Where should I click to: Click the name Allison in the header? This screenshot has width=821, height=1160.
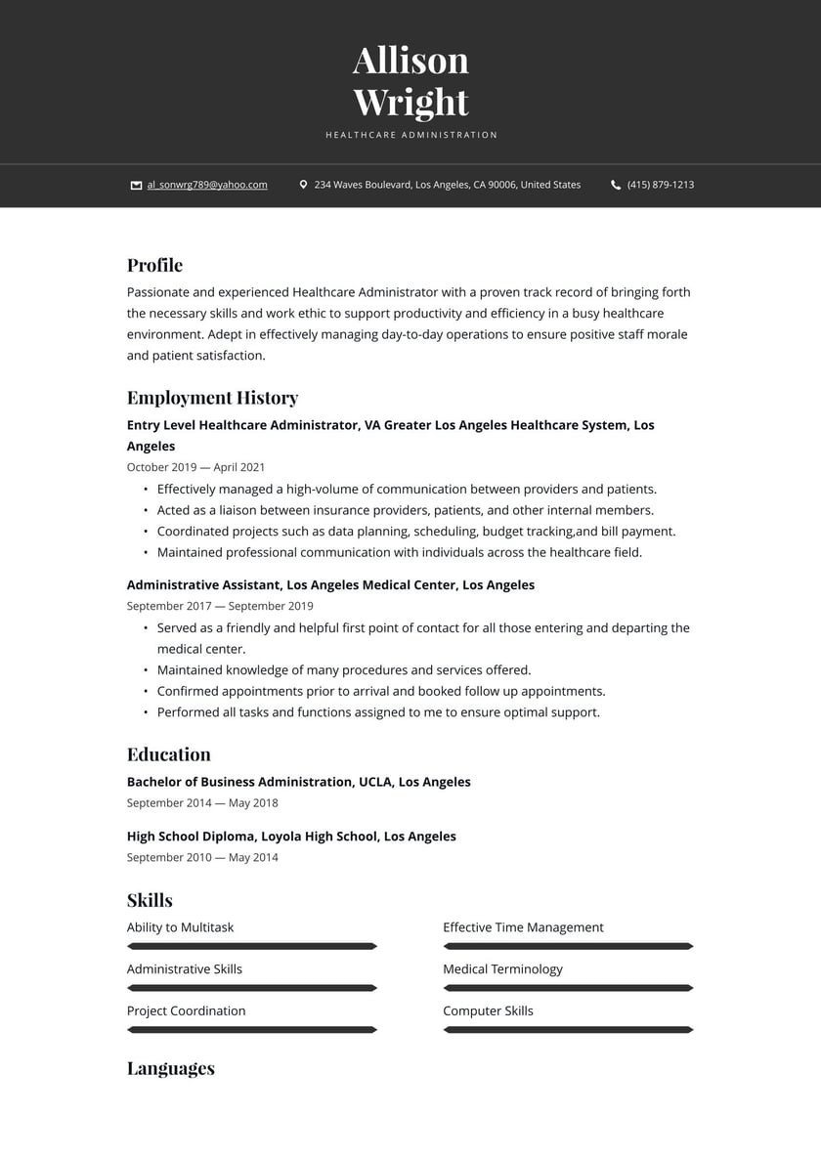tap(410, 61)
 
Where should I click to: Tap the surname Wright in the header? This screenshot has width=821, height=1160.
tap(410, 103)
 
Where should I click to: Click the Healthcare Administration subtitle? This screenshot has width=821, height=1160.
tap(411, 135)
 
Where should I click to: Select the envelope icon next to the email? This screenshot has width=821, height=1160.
tap(136, 185)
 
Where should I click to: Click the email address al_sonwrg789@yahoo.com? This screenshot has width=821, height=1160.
tap(207, 185)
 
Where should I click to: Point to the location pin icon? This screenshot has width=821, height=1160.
tap(303, 185)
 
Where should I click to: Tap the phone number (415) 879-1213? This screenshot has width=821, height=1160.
tap(661, 185)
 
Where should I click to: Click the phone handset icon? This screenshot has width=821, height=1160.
tap(616, 185)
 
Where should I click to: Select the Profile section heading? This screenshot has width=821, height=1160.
tap(154, 266)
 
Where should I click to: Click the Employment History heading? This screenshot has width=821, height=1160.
tap(212, 398)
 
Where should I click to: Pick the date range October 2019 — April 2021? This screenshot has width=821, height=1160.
tap(195, 467)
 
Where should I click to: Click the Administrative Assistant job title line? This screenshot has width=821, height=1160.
tap(330, 585)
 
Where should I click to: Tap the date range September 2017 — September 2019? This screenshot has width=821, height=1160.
tap(220, 606)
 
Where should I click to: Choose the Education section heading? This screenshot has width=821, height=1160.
tap(168, 754)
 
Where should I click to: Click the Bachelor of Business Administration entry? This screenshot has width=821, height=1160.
tap(298, 782)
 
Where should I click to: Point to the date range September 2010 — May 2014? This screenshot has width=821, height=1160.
tap(202, 857)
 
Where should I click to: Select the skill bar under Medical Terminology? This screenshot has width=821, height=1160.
tap(568, 988)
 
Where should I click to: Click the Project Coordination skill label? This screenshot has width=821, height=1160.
tap(186, 1010)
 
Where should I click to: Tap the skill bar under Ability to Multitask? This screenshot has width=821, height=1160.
tap(251, 946)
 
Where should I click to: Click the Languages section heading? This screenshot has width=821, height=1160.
tap(170, 1068)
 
